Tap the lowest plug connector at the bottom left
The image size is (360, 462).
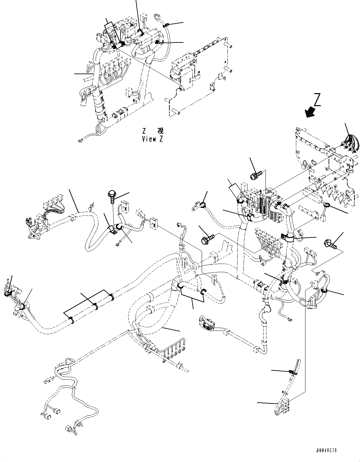(x=68, y=428)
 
